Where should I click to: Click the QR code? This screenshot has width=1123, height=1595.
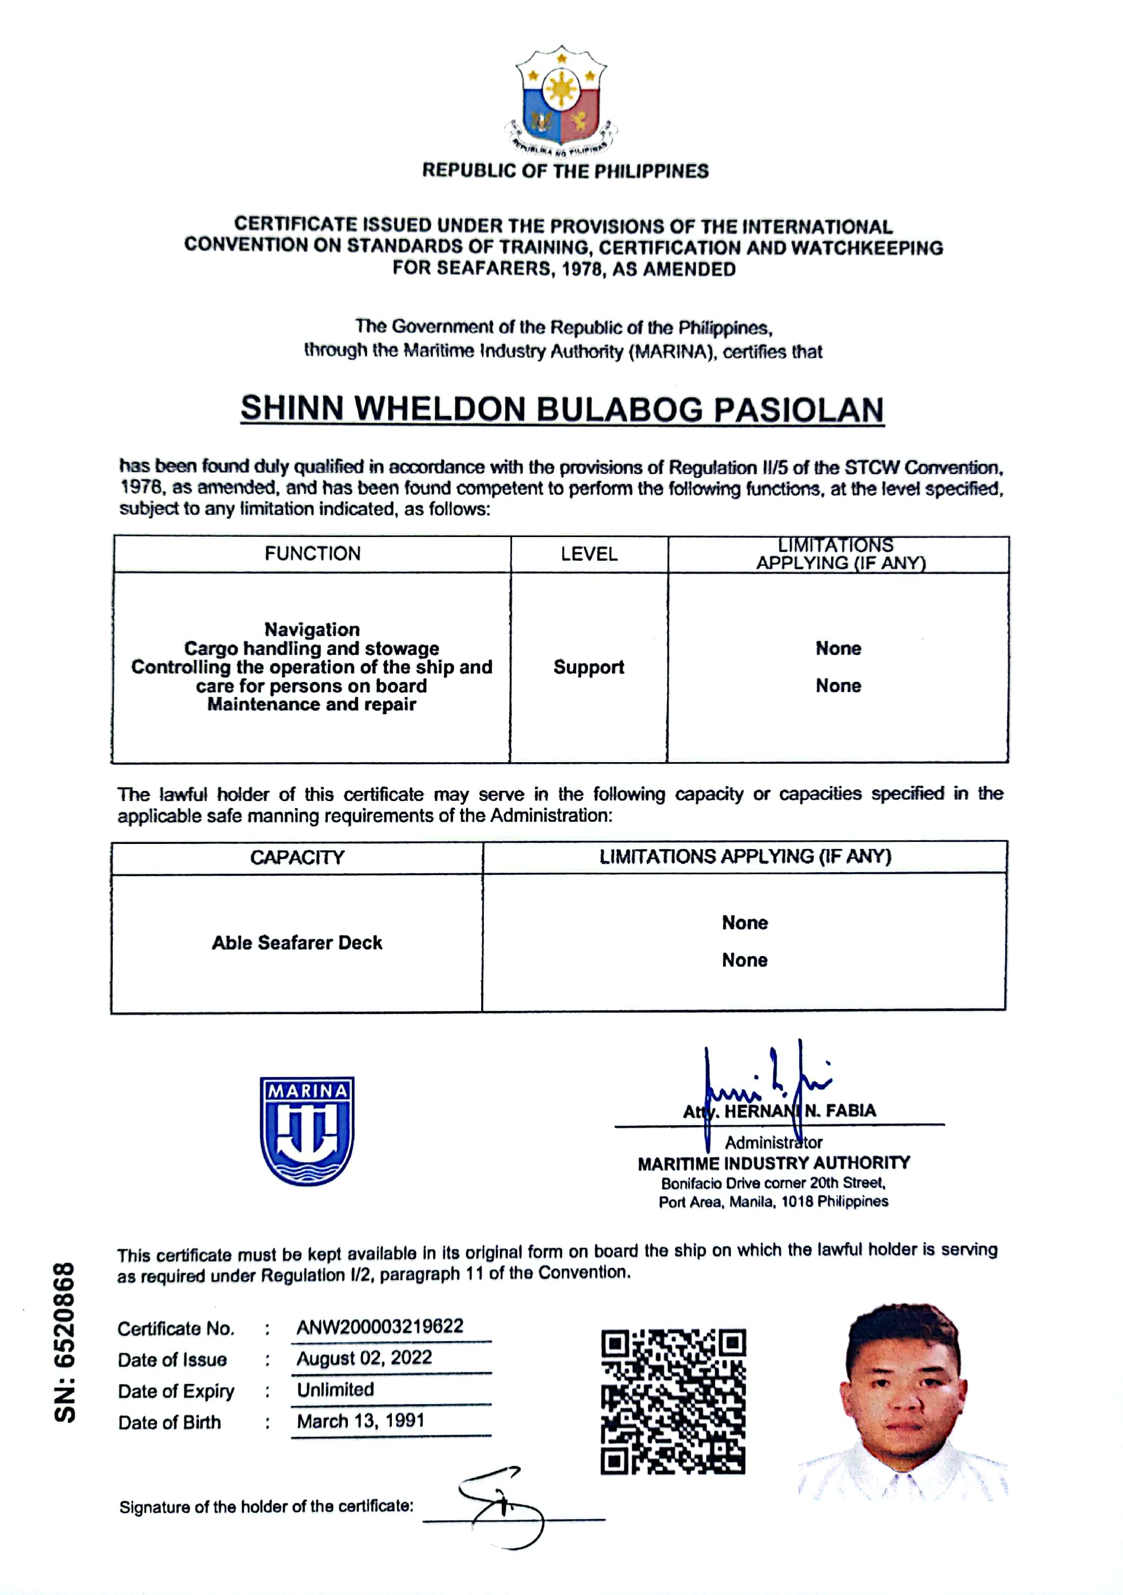point(673,1401)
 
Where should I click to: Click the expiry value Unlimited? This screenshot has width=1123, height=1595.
point(336,1390)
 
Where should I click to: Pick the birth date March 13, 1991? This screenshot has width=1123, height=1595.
point(361,1421)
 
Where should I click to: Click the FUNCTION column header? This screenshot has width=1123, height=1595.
point(312,554)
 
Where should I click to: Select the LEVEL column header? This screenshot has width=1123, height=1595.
point(589,554)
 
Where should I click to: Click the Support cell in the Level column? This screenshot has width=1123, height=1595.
point(589,667)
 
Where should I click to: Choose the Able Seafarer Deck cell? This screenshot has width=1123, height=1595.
point(297,943)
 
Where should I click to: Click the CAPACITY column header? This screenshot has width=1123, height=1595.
point(297,857)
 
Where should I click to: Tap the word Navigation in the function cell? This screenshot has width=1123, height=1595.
point(312,629)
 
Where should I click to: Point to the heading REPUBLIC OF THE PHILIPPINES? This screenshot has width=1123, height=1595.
point(565,171)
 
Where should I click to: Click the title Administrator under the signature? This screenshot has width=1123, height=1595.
point(774,1142)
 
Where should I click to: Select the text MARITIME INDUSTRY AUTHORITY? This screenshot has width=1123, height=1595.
point(774,1163)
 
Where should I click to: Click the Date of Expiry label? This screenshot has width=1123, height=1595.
point(176,1391)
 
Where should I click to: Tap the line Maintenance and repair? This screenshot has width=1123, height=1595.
point(312,705)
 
